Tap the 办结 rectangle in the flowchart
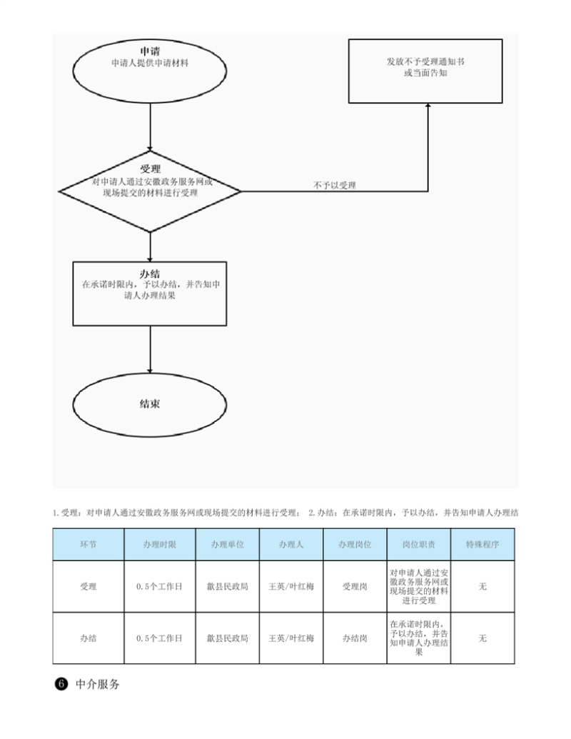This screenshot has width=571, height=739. click(x=150, y=293)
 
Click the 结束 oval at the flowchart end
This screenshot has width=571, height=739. click(x=150, y=404)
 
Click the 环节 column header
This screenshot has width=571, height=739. click(x=88, y=544)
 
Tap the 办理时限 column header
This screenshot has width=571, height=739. click(x=159, y=544)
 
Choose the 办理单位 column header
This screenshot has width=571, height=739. click(x=227, y=544)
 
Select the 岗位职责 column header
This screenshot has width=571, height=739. click(x=419, y=544)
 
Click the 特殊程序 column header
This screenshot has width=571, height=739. click(x=482, y=544)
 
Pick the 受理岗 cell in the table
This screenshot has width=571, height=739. click(x=355, y=586)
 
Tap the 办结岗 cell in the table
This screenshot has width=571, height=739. click(x=355, y=638)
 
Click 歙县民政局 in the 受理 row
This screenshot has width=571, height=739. click(x=227, y=586)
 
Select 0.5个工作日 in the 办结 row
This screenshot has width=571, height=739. click(x=159, y=638)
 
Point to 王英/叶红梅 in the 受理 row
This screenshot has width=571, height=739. click(x=291, y=586)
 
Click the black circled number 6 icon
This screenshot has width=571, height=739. click(x=61, y=684)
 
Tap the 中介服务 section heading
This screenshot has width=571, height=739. click(x=98, y=684)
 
